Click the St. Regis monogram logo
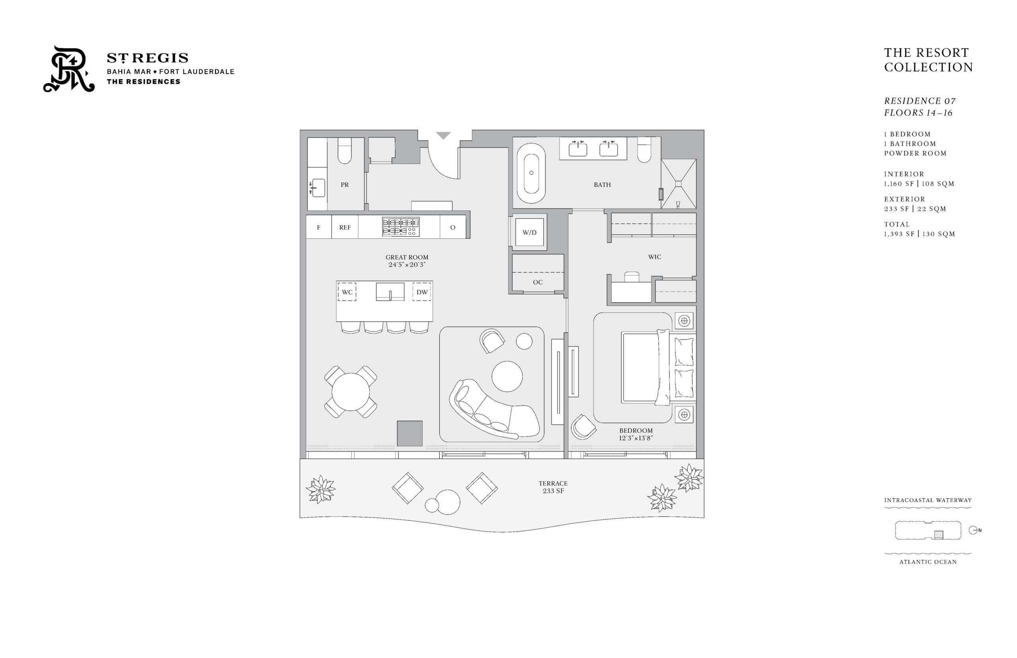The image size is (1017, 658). (x=69, y=69)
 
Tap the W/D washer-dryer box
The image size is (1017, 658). (x=529, y=232)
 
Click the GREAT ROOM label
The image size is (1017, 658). (x=407, y=257)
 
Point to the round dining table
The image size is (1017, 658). (x=351, y=392)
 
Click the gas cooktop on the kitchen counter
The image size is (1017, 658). (x=401, y=226)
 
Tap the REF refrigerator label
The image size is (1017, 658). (x=345, y=227)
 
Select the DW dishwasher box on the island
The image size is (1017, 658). (x=421, y=292)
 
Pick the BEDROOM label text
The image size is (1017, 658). (x=636, y=431)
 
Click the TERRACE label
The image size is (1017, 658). (x=553, y=484)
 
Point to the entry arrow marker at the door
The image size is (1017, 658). (x=443, y=135)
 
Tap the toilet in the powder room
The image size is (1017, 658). (x=344, y=151)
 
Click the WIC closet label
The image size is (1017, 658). (x=654, y=257)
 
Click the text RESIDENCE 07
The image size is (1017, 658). (x=920, y=101)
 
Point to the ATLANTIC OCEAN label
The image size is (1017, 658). (x=928, y=562)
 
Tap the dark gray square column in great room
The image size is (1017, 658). (x=410, y=433)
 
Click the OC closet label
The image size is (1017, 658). (x=538, y=282)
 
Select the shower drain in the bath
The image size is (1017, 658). (x=678, y=184)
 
